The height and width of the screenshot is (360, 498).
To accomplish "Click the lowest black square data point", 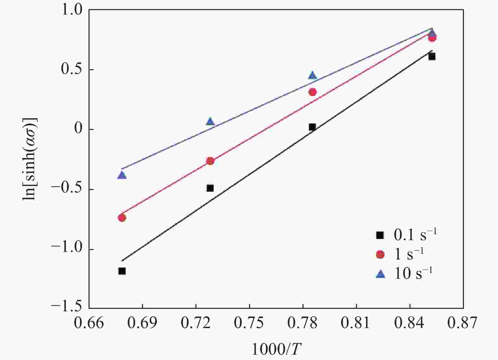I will [122, 271].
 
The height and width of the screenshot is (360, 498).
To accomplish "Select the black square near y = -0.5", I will [210, 188].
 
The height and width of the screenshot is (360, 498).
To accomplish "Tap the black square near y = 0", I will [312, 127].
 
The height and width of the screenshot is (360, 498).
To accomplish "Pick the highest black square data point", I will [432, 57].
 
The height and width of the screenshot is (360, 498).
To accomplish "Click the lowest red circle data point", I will [122, 217].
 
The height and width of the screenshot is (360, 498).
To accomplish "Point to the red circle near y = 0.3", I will [312, 92].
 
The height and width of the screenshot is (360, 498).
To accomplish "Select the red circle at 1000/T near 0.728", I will [210, 161].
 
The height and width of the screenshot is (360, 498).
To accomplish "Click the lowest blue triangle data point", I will [122, 175].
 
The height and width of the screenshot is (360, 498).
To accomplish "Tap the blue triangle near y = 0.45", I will [312, 76].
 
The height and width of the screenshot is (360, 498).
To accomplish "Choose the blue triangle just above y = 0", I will [210, 121].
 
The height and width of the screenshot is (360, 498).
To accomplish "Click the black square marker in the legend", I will [380, 235].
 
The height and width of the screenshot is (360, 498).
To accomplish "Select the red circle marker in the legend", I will [380, 254].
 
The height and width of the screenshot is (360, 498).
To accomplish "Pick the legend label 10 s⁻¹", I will [413, 273].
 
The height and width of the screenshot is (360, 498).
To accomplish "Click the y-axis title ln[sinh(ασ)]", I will [30, 158].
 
